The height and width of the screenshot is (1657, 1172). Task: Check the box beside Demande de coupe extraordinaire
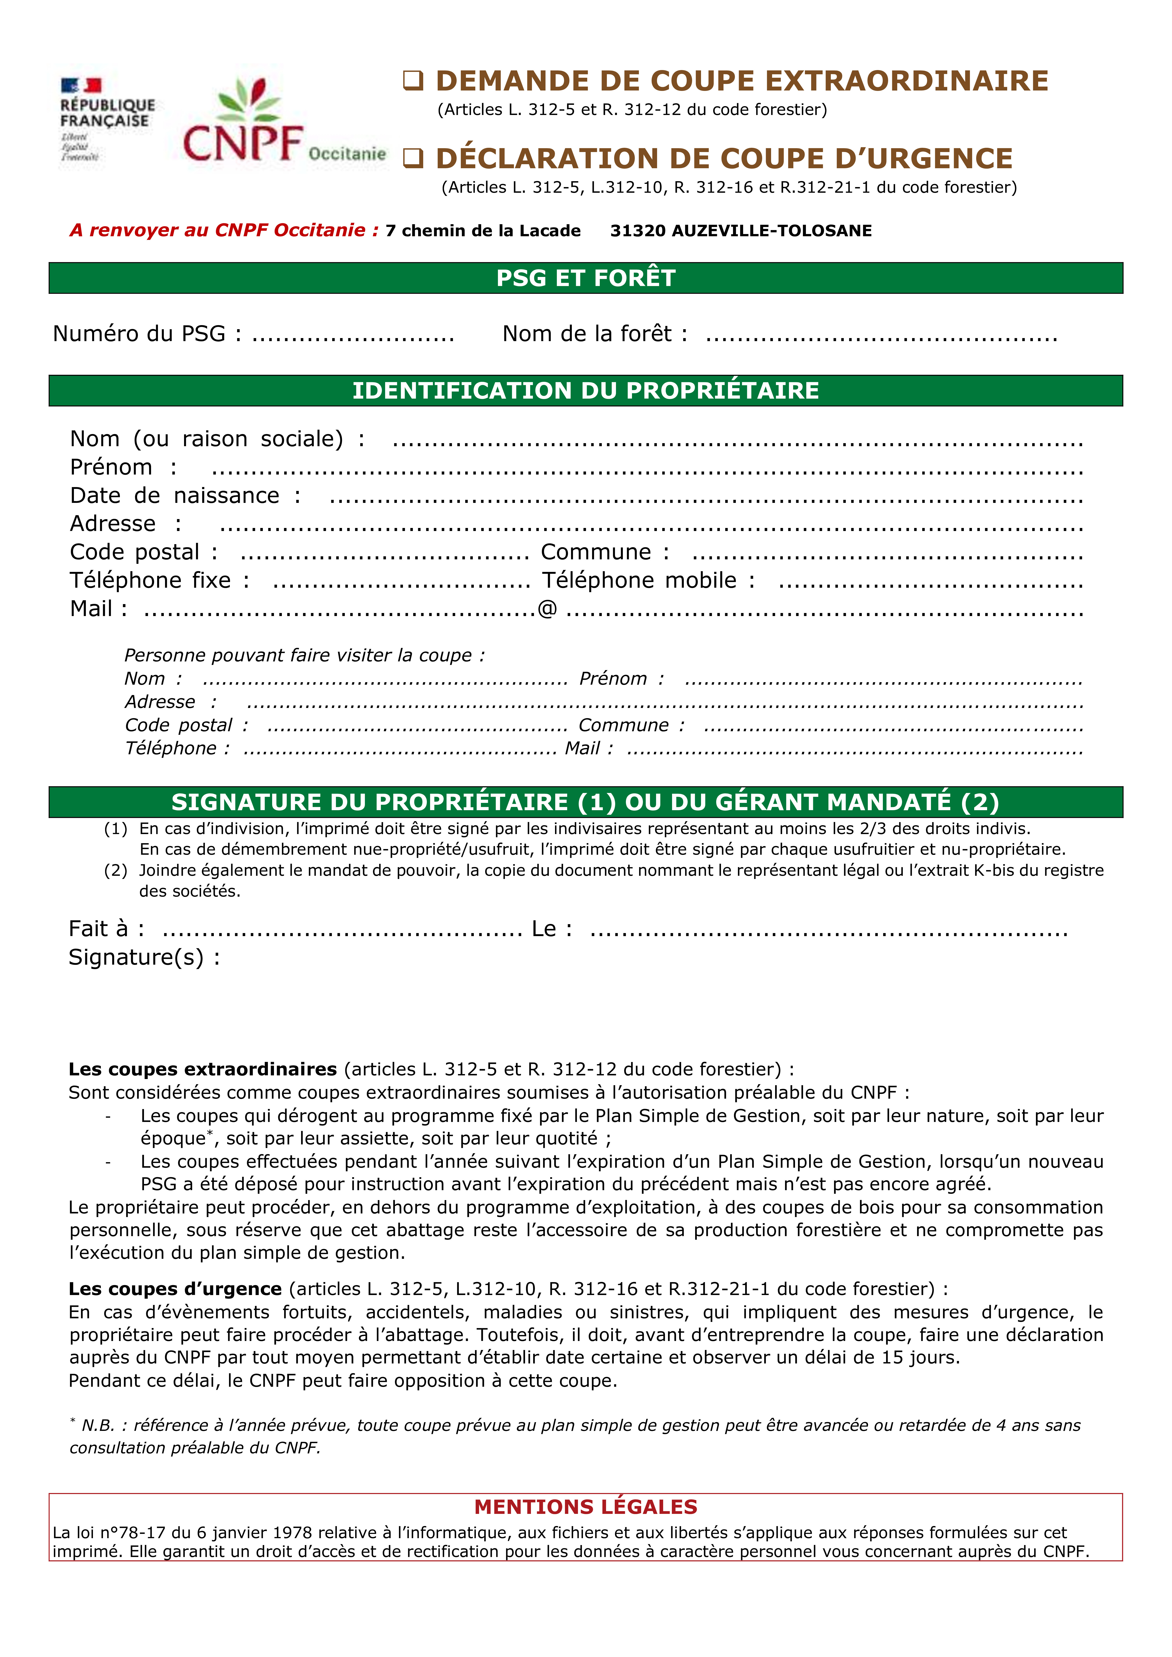pos(412,81)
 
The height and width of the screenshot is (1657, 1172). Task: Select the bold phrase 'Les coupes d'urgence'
pos(175,1289)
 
